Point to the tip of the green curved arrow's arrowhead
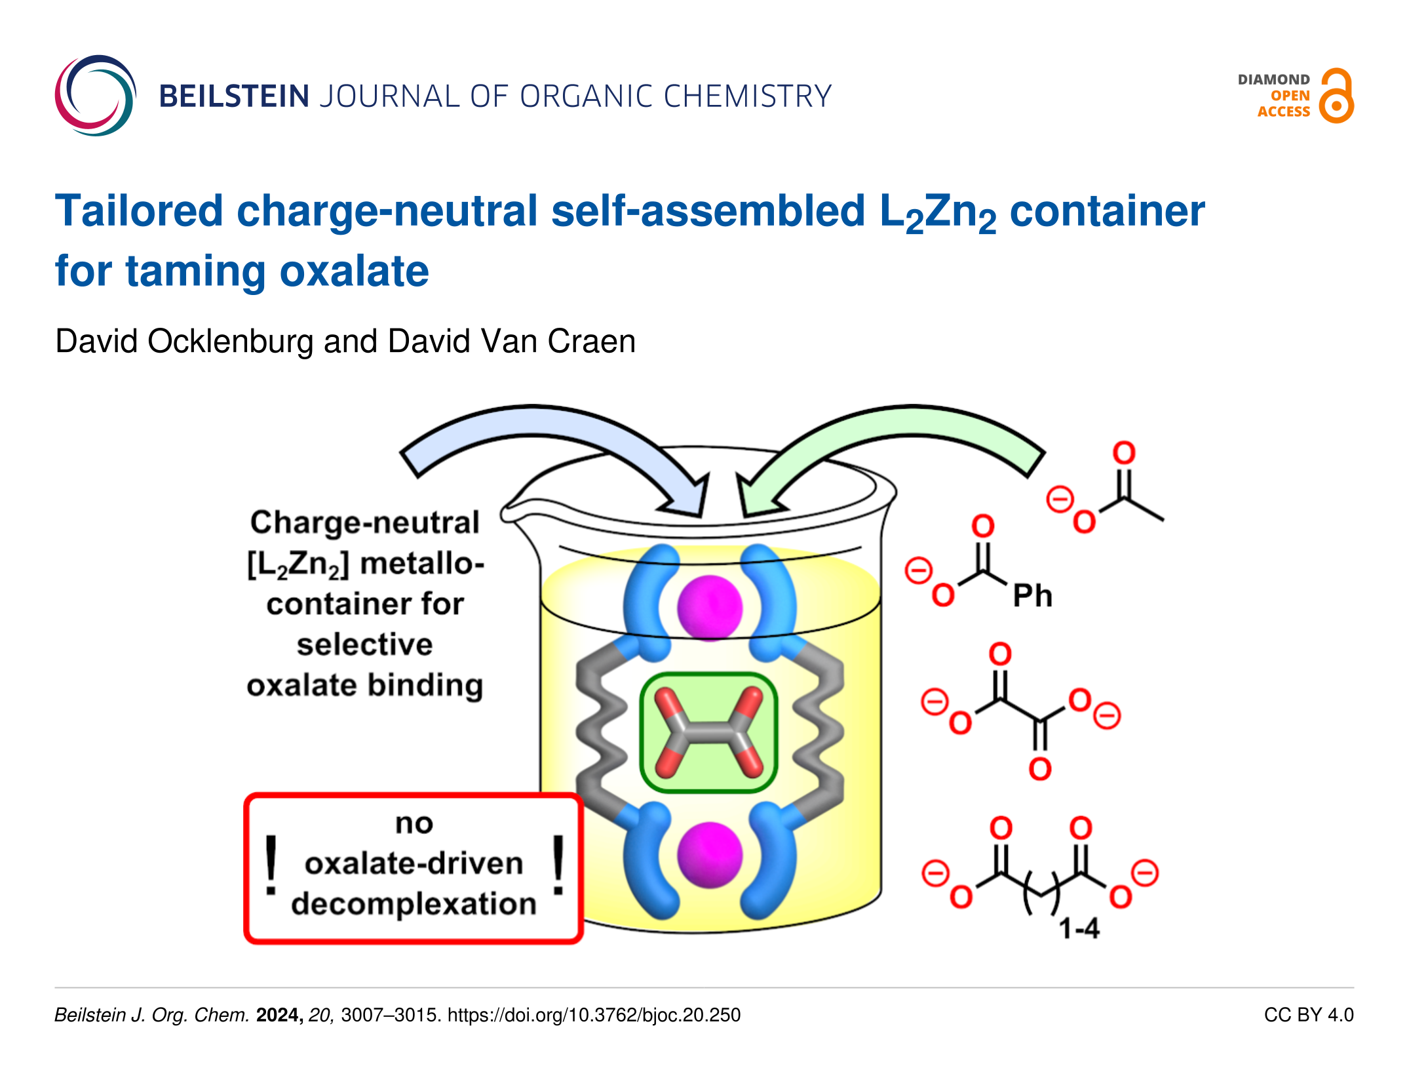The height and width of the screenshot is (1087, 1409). point(744,516)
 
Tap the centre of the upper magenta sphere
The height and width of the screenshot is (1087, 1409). point(710,608)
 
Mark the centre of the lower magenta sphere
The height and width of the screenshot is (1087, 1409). point(710,855)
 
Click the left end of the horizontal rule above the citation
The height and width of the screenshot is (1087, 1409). point(55,987)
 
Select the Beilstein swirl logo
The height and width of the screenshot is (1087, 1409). point(96,96)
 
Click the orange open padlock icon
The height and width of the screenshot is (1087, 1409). point(1336,96)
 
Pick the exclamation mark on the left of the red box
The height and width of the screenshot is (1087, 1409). point(271,865)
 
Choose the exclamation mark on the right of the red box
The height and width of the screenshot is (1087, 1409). point(558,865)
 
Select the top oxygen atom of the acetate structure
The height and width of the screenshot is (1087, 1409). point(1124,453)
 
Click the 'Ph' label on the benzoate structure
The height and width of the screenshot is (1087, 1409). point(1032,596)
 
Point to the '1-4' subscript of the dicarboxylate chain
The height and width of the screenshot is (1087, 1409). point(1079,928)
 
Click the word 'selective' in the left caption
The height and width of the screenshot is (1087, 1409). point(365,644)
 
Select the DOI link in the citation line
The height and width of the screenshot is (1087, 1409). point(594,1015)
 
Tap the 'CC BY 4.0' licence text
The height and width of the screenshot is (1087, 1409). point(1309,1015)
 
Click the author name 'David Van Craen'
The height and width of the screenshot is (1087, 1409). point(511,342)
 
